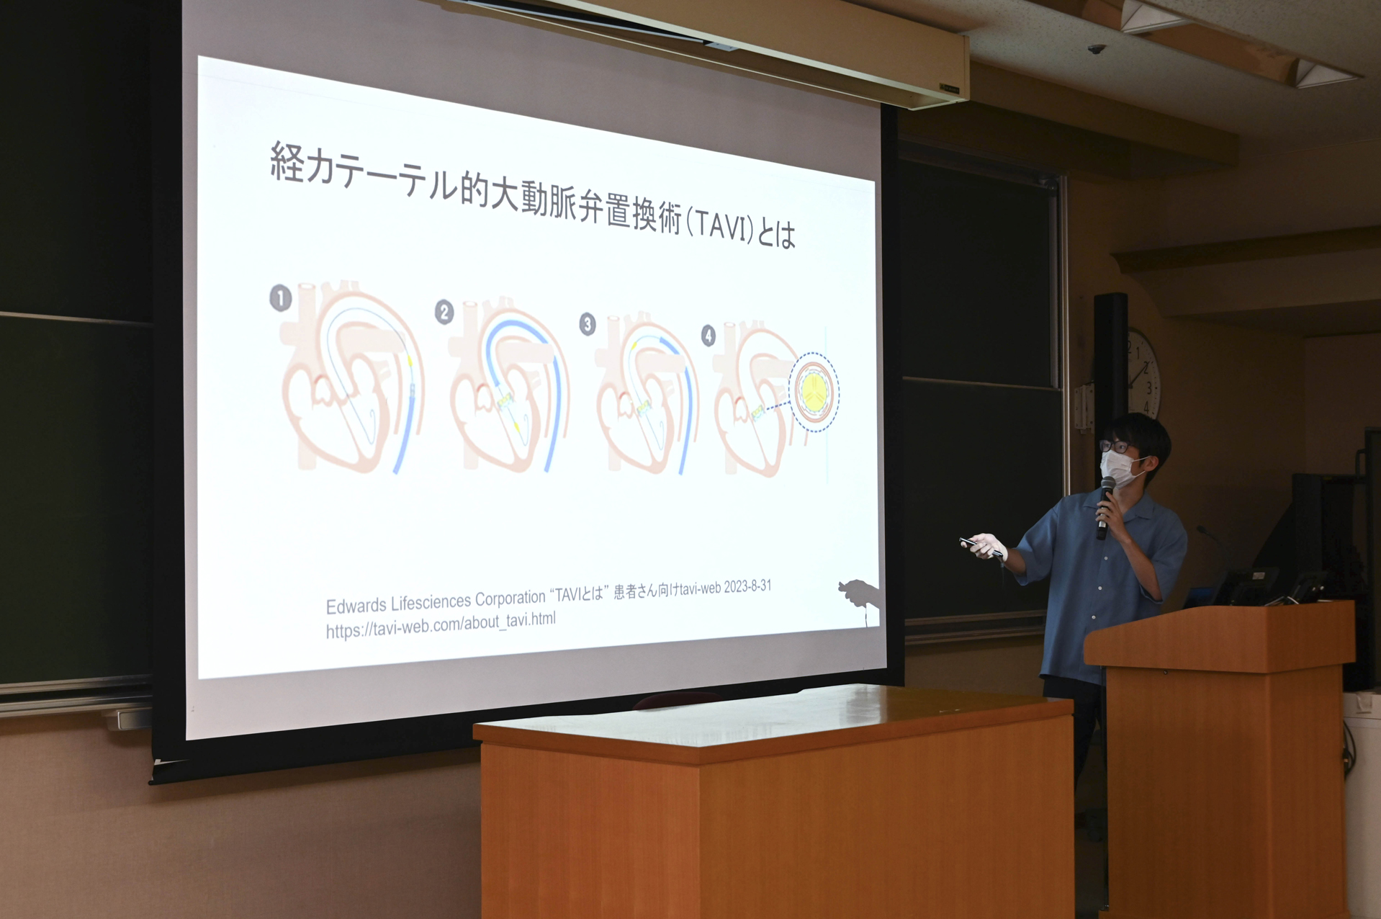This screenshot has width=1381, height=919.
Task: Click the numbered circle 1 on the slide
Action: pyautogui.click(x=281, y=298)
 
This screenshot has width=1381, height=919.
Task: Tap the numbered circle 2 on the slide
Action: pyautogui.click(x=444, y=313)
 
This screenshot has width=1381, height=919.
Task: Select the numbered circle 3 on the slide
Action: pyautogui.click(x=588, y=325)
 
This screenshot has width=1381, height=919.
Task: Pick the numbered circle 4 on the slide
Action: pyautogui.click(x=709, y=336)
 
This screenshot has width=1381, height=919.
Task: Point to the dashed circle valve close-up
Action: pyautogui.click(x=814, y=393)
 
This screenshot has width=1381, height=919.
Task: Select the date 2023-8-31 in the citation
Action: pyautogui.click(x=747, y=586)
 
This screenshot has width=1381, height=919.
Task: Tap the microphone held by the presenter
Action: pyautogui.click(x=1105, y=508)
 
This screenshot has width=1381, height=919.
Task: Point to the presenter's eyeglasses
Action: pyautogui.click(x=1115, y=447)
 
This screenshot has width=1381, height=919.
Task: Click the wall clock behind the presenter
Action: pyautogui.click(x=1143, y=375)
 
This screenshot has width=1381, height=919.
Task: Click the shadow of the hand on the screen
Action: pyautogui.click(x=859, y=593)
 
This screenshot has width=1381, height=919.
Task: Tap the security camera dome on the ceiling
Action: pyautogui.click(x=1096, y=49)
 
